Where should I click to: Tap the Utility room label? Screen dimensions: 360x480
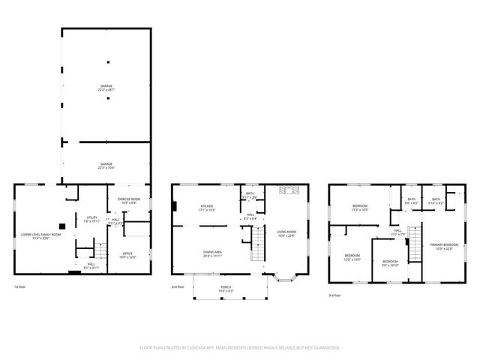tap(91, 219)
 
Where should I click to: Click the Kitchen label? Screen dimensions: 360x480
tap(207, 208)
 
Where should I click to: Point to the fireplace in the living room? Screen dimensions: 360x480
tap(285, 190)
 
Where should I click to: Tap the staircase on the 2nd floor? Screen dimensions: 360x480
tap(257, 244)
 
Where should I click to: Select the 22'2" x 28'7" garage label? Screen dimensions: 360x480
tap(107, 88)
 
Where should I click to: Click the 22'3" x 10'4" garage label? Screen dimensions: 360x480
tap(107, 166)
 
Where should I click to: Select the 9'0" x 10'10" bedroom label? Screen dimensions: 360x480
tap(390, 263)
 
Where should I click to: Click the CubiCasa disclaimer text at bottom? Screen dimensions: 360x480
tap(239, 347)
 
